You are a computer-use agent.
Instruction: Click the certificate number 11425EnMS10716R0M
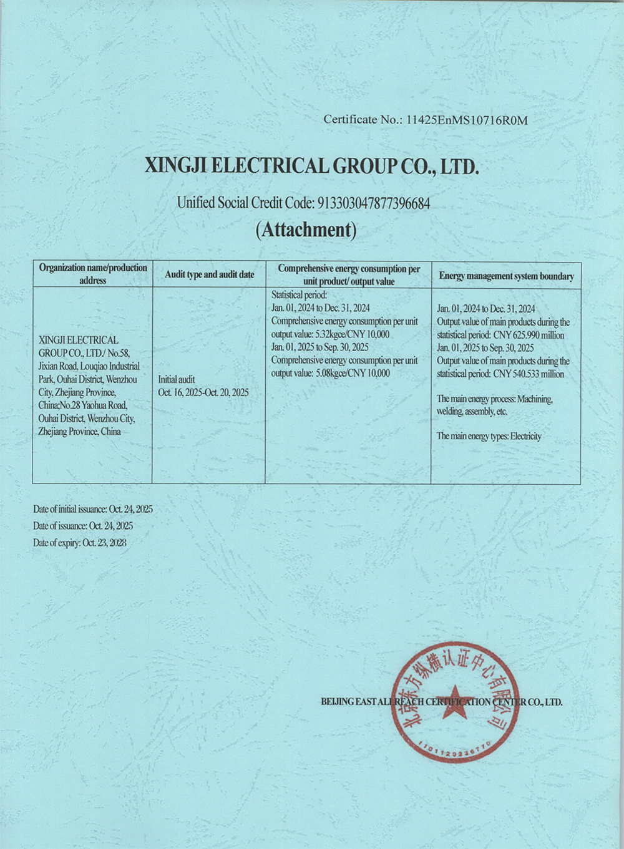tap(467, 120)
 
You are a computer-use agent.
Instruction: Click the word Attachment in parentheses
tap(306, 230)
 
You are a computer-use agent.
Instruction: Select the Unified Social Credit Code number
tap(374, 203)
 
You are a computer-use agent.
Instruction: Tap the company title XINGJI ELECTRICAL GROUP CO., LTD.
tap(311, 166)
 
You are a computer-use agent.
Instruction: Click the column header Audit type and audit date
tap(209, 274)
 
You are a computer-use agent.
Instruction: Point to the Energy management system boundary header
tap(506, 276)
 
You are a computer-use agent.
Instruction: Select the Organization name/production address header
tap(93, 274)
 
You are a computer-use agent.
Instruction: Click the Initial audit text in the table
tap(177, 379)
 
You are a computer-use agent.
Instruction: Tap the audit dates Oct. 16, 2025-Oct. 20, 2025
tap(203, 392)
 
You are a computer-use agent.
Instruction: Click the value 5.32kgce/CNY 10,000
tap(353, 334)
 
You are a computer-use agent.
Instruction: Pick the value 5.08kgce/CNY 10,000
tap(353, 373)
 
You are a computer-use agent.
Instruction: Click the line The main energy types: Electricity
tap(489, 436)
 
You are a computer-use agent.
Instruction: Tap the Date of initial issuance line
tap(92, 509)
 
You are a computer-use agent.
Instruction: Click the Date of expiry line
tap(79, 543)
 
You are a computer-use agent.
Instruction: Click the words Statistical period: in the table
tap(299, 295)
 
